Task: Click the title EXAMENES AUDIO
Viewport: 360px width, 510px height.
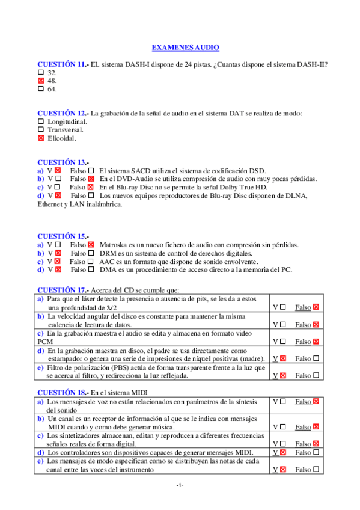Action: coord(185,47)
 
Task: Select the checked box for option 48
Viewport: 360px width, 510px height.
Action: coord(41,80)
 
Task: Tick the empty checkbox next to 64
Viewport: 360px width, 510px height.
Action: coord(41,88)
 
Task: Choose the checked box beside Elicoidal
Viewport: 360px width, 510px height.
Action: coord(41,138)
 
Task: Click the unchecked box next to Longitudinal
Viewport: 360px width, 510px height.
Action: coord(41,121)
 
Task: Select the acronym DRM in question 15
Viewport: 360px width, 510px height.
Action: coord(109,253)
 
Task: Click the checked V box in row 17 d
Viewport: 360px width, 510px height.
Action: coord(282,358)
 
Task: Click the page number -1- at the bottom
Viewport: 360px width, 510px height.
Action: coord(180,485)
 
